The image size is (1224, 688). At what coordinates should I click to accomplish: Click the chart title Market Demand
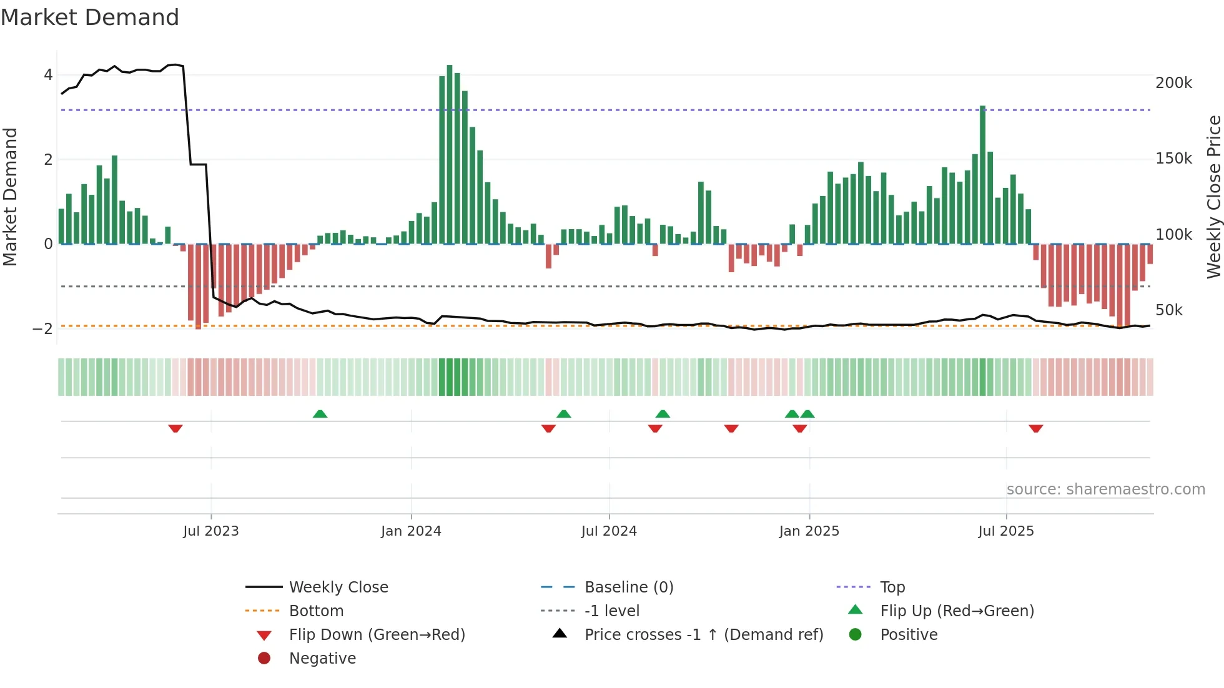point(90,17)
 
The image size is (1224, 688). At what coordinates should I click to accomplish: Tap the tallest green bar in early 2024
point(450,156)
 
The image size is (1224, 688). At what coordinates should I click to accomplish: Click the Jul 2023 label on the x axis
point(211,531)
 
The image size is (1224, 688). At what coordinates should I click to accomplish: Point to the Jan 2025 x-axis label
point(809,531)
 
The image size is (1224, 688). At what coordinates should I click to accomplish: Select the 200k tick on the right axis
point(1173,83)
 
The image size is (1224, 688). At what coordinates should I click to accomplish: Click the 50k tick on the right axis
point(1169,310)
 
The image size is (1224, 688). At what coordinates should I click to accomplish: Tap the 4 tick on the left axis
point(48,75)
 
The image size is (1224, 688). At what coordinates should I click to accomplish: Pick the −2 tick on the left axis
point(43,329)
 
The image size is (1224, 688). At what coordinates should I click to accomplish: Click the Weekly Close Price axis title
point(1213,197)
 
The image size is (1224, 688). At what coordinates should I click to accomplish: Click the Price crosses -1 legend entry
point(703,635)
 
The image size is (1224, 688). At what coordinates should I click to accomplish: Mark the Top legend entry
point(892,587)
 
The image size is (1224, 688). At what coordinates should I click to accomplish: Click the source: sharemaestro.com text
point(1105,489)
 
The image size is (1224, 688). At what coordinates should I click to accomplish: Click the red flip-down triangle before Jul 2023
point(175,428)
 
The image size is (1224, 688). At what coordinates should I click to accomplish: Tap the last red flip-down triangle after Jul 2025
point(1036,428)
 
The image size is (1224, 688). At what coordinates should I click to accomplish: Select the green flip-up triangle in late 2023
point(320,414)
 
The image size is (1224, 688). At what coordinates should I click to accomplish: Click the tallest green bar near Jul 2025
point(983,175)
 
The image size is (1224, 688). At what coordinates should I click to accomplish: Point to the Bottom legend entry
point(316,611)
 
